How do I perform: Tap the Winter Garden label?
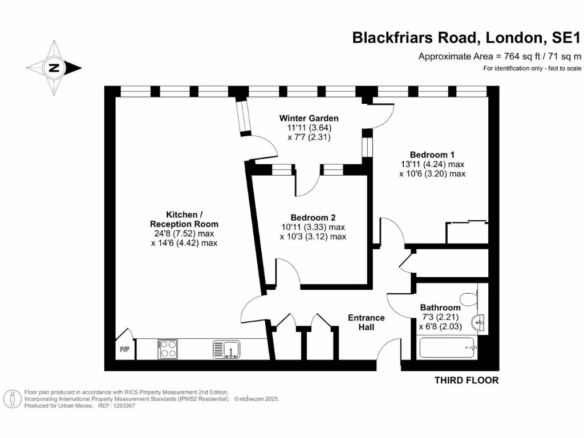[x=309, y=118]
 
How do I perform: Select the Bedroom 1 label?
[x=432, y=155]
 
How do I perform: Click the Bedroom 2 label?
[x=313, y=217]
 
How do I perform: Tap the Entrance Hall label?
[x=366, y=322]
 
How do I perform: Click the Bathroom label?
[x=440, y=307]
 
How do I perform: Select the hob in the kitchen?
[x=168, y=348]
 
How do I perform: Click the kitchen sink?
[x=226, y=348]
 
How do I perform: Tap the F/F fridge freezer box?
[x=124, y=350]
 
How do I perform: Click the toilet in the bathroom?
[x=468, y=298]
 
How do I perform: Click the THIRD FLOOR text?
[x=467, y=380]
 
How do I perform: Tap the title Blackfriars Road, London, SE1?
[x=466, y=38]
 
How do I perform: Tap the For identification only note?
[x=524, y=68]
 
